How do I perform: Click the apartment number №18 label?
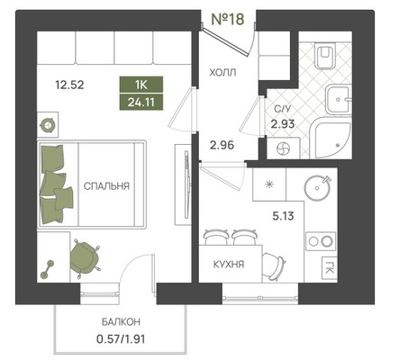[x=228, y=19]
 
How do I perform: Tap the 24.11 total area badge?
[x=141, y=103]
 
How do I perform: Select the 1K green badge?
[x=141, y=85]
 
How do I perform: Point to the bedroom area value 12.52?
[x=69, y=85]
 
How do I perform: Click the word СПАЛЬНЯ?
[x=106, y=186]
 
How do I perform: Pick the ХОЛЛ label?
[x=222, y=72]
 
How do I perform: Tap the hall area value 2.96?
[x=222, y=146]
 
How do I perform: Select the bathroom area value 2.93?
[x=283, y=123]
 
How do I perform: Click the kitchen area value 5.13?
[x=283, y=216]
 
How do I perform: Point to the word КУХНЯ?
[x=229, y=265]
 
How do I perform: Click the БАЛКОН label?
[x=121, y=322]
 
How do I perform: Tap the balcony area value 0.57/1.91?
[x=121, y=339]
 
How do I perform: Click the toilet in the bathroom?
[x=324, y=57]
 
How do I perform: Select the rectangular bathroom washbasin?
[x=338, y=99]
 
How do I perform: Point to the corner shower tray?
[x=331, y=139]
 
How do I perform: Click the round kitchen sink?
[x=317, y=188]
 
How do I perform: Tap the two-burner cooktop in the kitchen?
[x=321, y=241]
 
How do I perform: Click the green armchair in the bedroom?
[x=84, y=257]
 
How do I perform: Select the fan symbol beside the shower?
[x=283, y=148]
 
